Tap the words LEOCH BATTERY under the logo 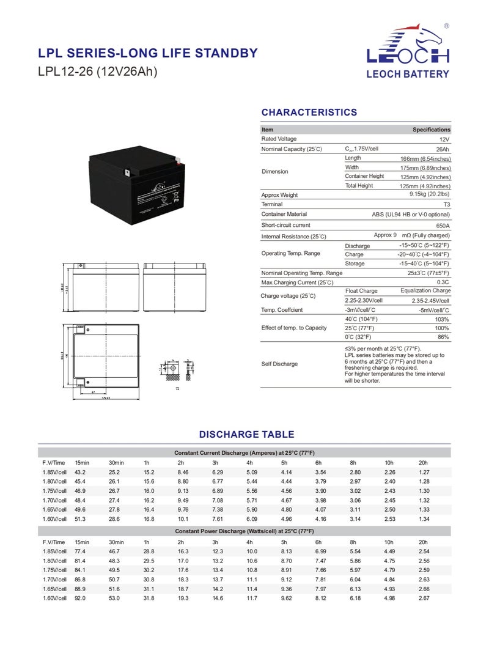point(407,74)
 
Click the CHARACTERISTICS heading point(309,112)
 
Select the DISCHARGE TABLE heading point(246,435)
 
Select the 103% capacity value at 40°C point(442,319)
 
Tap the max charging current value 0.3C point(443,282)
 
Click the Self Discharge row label point(279,364)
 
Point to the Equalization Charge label point(425,291)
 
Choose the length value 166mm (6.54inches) point(425,158)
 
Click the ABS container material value point(411,215)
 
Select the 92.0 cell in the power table point(80,598)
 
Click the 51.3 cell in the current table point(80,519)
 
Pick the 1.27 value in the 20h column point(424,472)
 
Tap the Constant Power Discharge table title point(244,531)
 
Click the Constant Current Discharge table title point(244,452)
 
